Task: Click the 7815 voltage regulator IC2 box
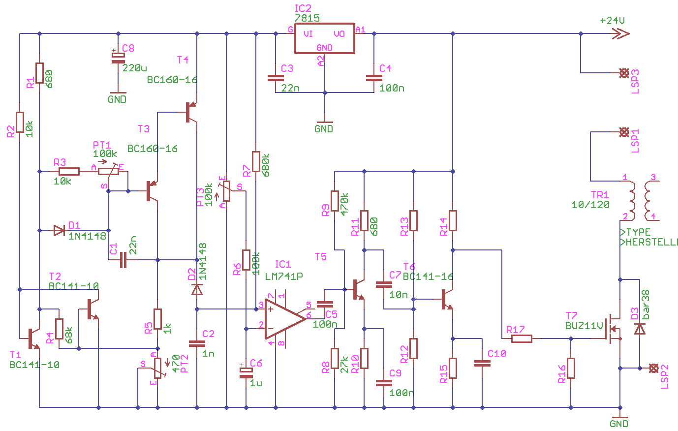(x=324, y=38)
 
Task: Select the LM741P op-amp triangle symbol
(x=283, y=319)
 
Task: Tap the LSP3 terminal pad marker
(x=624, y=73)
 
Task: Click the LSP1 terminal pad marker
(x=624, y=132)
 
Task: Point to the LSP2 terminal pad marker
(x=653, y=368)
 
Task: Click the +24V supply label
(x=612, y=21)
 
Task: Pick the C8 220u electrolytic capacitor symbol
(x=118, y=57)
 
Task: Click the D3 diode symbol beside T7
(x=640, y=329)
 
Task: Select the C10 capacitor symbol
(x=482, y=363)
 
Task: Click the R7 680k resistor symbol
(x=256, y=161)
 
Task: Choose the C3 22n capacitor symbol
(x=276, y=78)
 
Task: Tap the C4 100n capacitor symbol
(x=374, y=78)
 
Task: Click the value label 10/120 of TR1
(x=590, y=205)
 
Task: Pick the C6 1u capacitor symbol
(x=246, y=372)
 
